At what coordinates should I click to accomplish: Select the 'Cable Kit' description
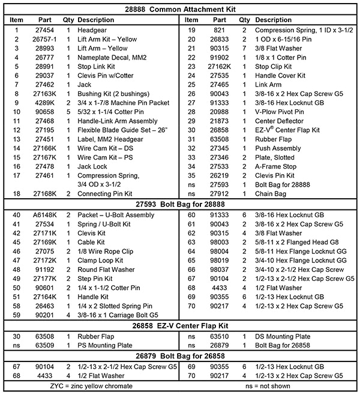point(94,241)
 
